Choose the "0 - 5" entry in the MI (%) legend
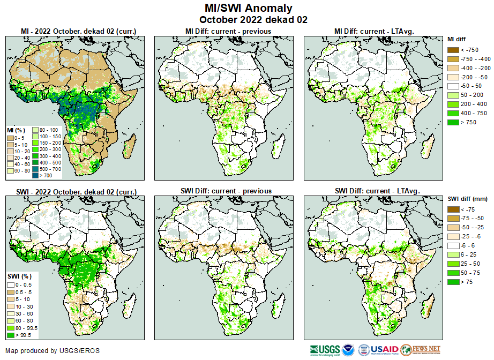[11, 138]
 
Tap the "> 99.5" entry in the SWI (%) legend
[11, 335]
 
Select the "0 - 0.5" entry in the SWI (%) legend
[11, 284]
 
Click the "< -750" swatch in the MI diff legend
[453, 50]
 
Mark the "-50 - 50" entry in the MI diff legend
[453, 86]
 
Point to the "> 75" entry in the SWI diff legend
[453, 281]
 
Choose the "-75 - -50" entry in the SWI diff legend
[453, 218]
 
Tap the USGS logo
[324, 350]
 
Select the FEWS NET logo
[421, 350]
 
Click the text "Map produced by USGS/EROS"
[53, 351]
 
